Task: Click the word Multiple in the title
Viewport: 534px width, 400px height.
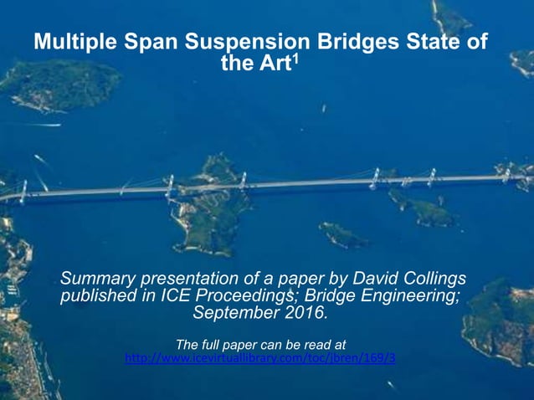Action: (74, 43)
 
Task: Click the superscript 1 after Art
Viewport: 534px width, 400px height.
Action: (294, 58)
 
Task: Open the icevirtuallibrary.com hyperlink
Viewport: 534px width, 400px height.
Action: (259, 358)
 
